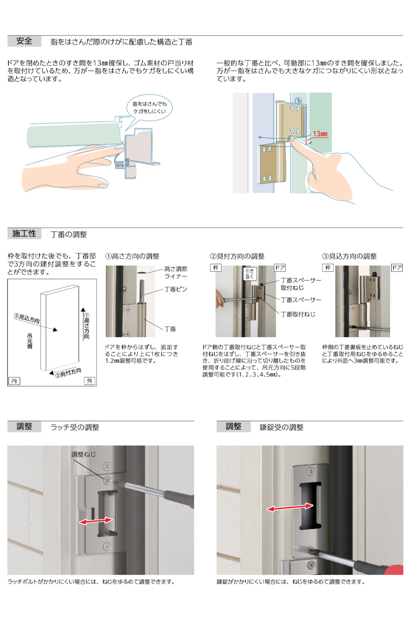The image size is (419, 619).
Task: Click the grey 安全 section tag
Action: (24, 41)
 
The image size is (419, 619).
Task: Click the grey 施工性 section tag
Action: (24, 234)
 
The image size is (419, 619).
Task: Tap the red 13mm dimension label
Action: (319, 134)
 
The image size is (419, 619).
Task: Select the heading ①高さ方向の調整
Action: (133, 256)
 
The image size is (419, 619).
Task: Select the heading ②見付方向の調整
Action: (237, 256)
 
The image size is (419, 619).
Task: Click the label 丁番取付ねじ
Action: (298, 314)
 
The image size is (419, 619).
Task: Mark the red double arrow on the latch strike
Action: (95, 520)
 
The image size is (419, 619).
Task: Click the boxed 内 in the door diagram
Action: (14, 381)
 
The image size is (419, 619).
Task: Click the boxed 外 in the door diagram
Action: (91, 381)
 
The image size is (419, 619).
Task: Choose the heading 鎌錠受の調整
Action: (281, 427)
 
